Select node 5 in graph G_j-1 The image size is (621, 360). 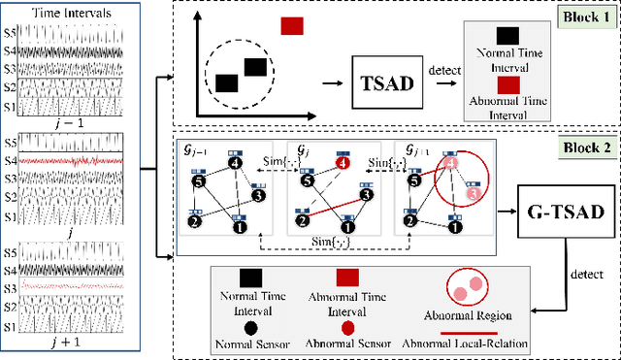pos(199,180)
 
